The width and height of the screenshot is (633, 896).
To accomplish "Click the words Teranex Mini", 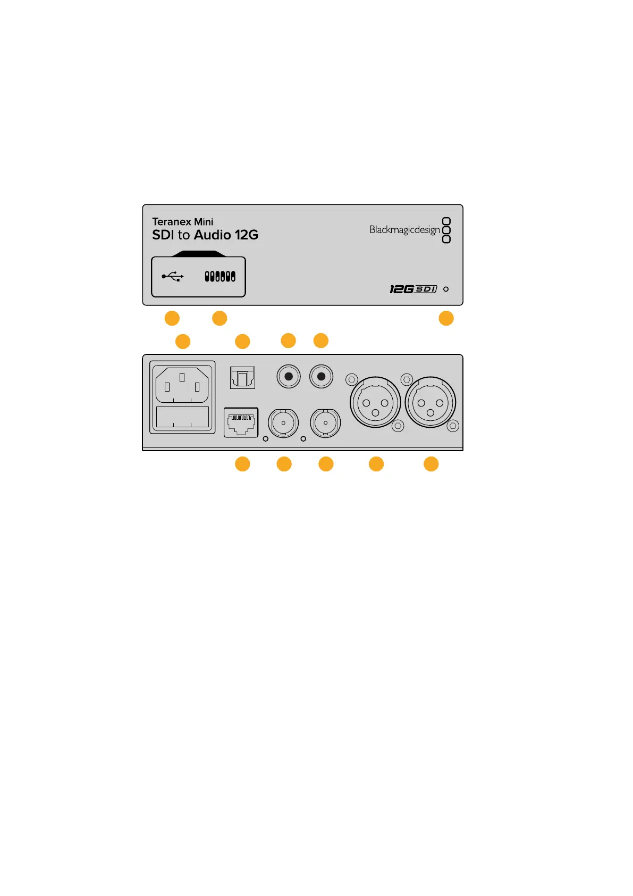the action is (182, 222).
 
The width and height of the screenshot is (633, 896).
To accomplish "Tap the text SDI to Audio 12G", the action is (205, 235).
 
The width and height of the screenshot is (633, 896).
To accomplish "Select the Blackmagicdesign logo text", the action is (404, 230).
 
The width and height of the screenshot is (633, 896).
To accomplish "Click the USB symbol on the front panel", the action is (173, 277).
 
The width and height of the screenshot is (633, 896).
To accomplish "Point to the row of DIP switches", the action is (220, 277).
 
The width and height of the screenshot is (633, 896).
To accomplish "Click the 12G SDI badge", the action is (413, 289).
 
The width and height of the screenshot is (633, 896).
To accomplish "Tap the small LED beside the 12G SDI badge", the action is (446, 289).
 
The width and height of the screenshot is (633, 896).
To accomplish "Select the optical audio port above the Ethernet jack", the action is (242, 378).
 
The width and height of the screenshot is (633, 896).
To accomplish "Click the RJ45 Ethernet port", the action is (241, 422).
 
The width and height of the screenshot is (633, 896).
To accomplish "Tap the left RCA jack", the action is (289, 377).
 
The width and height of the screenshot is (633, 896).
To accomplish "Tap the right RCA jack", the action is (321, 377).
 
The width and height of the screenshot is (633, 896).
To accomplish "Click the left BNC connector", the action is (283, 424).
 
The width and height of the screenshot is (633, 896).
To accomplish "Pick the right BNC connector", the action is (325, 424).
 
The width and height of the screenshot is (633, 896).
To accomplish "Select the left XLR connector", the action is (375, 403).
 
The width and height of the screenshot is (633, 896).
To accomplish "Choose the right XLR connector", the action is (431, 403).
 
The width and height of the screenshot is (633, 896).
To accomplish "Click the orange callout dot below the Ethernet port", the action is (242, 464).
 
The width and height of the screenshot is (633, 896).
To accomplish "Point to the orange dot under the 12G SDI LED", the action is (446, 318).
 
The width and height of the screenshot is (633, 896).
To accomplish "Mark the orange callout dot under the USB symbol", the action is (172, 318).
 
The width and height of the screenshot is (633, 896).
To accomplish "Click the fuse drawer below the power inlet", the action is (182, 417).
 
